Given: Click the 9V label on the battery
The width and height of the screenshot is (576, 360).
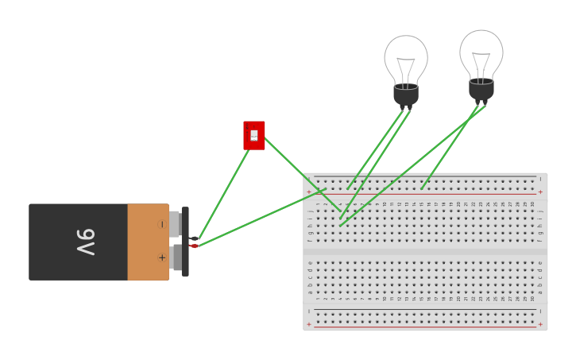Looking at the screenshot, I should (x=85, y=242).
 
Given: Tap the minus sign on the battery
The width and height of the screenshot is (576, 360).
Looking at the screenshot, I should (x=161, y=225).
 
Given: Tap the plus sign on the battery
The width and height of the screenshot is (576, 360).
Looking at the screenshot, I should (x=161, y=257).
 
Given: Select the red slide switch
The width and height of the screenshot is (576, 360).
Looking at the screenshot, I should (x=253, y=135).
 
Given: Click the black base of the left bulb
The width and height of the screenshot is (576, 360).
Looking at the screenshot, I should (x=406, y=94).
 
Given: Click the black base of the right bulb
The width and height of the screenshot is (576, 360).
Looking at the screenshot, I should (x=481, y=89).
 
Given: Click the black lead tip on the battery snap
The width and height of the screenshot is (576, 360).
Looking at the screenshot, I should (x=193, y=238).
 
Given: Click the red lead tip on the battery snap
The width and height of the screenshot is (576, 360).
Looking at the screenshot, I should (x=193, y=246).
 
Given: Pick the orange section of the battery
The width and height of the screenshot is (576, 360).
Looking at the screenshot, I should (x=148, y=242).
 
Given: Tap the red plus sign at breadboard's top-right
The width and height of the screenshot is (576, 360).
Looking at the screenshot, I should (x=540, y=192).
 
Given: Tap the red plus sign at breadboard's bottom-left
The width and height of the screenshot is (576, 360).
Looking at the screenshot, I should (x=309, y=324).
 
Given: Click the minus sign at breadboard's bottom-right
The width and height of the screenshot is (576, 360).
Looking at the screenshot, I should (x=540, y=311).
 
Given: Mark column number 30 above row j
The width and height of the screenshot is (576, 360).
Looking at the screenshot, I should (x=532, y=204).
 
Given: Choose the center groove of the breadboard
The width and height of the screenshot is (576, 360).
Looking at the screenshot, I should (x=425, y=251).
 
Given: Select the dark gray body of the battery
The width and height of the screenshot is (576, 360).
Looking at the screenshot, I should (x=78, y=242).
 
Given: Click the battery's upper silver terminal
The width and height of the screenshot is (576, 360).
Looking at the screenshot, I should (x=175, y=224).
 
